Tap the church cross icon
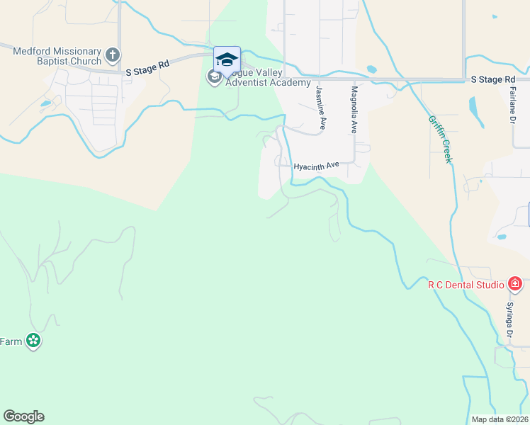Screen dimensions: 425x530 (112, 55)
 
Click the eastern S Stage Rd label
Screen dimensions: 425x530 (492, 80)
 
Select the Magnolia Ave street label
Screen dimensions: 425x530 (353, 110)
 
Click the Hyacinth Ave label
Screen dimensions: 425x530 (317, 165)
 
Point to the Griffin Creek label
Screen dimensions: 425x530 (439, 139)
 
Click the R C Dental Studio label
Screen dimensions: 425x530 (466, 285)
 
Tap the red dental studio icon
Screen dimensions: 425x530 (515, 285)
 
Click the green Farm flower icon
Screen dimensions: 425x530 (33, 341)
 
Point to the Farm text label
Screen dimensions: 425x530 (11, 341)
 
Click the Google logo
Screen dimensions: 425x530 (23, 416)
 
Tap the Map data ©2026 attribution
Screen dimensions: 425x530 (500, 419)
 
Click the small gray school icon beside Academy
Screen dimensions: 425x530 (214, 76)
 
